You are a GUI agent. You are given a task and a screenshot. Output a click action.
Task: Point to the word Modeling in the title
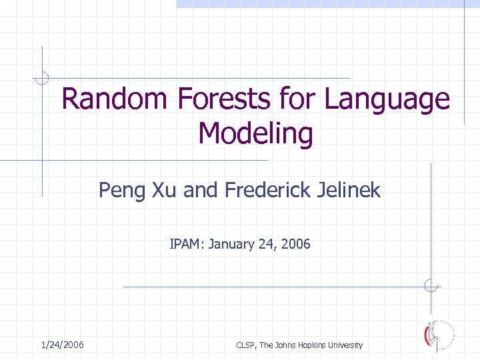pyautogui.click(x=255, y=134)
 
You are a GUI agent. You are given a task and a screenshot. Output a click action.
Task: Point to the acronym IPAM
pyautogui.click(x=187, y=244)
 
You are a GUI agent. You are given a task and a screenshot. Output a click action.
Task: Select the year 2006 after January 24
pyautogui.click(x=296, y=244)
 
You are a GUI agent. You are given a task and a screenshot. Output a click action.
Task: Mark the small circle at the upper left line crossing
pyautogui.click(x=42, y=78)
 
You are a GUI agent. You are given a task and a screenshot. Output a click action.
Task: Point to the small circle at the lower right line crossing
pyautogui.click(x=431, y=287)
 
